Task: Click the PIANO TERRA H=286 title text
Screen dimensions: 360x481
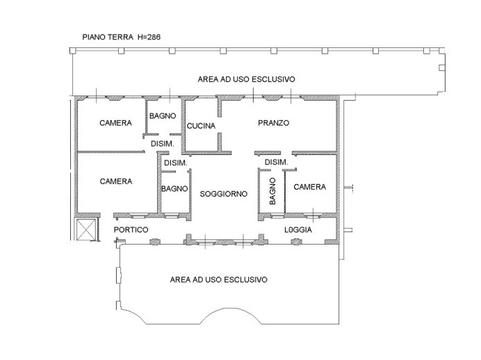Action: (x=122, y=37)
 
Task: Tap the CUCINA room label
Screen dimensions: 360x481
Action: (x=201, y=126)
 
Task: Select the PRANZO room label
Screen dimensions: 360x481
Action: (x=273, y=123)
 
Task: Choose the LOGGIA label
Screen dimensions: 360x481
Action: (x=298, y=230)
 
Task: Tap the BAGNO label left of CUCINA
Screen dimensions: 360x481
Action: (x=162, y=115)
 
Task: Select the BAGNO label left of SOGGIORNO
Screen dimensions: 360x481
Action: (x=174, y=188)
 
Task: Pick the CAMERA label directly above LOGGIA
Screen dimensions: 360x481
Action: (x=309, y=187)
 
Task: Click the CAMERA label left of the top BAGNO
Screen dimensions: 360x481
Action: (x=115, y=123)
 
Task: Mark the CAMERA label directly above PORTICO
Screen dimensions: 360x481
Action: (x=115, y=181)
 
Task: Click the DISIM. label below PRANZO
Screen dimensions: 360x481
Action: (x=276, y=163)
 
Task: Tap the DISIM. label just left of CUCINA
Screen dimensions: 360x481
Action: (x=162, y=143)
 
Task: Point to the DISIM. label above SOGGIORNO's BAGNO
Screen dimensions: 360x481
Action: (x=175, y=163)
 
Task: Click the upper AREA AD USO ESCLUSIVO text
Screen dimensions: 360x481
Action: (x=246, y=80)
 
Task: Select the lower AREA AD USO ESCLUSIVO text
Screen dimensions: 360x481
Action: (x=219, y=279)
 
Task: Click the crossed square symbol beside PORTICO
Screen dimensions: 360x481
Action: (x=85, y=230)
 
